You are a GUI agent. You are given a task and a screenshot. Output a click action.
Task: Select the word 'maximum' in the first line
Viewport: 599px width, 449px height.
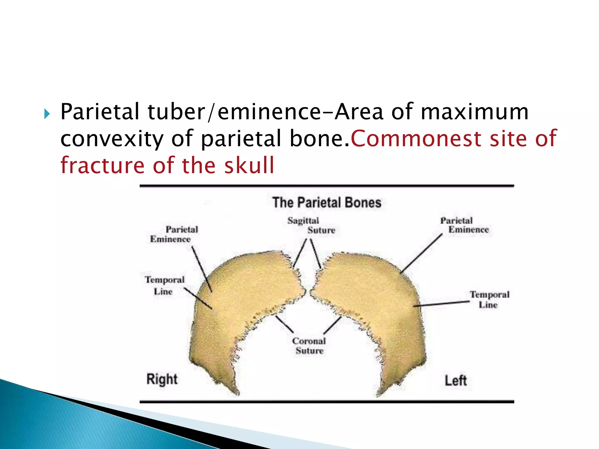(474, 112)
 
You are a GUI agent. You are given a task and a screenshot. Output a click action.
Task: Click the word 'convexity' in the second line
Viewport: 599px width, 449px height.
(112, 139)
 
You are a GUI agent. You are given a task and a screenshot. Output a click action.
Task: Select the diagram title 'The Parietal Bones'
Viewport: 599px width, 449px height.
(327, 203)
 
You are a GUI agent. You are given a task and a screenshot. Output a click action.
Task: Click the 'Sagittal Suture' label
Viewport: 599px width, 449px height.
(311, 225)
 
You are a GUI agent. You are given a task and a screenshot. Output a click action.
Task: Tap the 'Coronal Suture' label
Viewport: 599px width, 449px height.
(309, 346)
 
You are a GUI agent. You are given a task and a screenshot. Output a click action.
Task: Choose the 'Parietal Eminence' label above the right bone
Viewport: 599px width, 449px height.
(174, 234)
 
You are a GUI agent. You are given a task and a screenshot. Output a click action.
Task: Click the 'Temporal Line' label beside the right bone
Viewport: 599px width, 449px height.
(164, 285)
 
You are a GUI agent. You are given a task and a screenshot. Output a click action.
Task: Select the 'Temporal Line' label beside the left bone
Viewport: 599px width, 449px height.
(489, 299)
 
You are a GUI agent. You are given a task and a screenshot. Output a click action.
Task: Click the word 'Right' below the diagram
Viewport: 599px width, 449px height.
(162, 379)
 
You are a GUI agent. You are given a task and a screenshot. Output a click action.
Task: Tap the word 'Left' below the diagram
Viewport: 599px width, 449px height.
(455, 381)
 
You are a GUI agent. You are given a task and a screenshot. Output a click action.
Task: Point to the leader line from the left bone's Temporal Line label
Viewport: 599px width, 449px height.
(442, 304)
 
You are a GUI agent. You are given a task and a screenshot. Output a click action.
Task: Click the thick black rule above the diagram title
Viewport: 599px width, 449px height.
(327, 186)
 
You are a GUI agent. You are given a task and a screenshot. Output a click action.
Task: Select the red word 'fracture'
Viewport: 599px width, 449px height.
(102, 165)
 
